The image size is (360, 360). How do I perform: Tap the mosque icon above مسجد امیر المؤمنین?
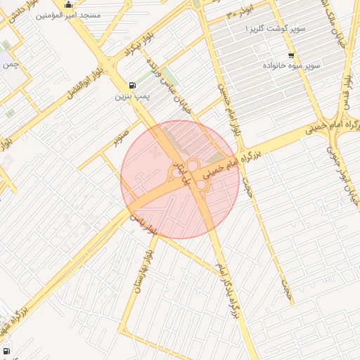click(x=69, y=4)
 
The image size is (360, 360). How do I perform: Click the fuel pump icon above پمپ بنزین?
click(x=133, y=84)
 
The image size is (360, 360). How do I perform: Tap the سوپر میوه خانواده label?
click(x=291, y=65)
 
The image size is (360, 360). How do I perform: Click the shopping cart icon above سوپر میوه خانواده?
click(x=291, y=55)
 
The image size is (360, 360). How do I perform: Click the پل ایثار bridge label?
click(x=182, y=172)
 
